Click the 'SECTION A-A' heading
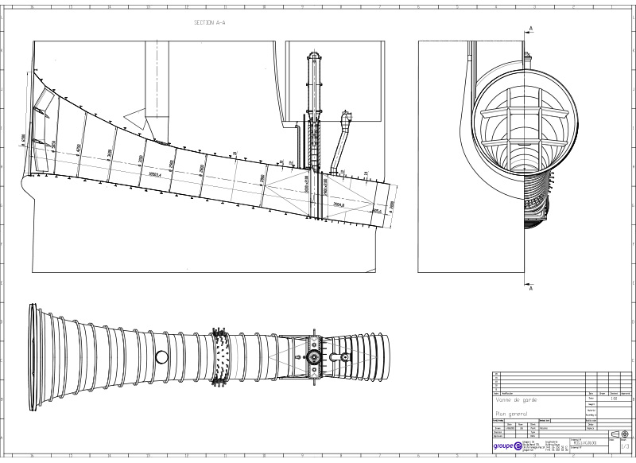click(210, 23)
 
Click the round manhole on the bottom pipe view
click(161, 356)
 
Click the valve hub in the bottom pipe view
click(316, 356)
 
